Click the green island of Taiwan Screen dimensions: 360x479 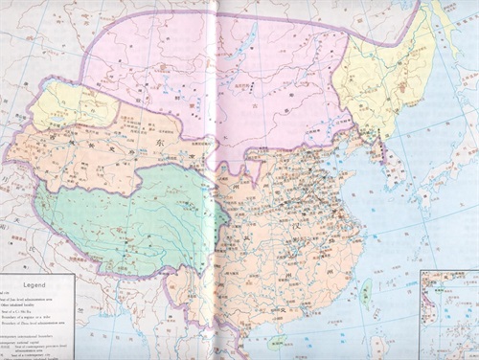[x=364, y=287]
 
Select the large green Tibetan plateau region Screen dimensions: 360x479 [x=125, y=215]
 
